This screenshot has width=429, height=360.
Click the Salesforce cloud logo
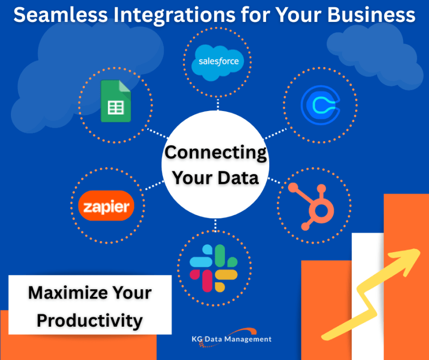tap(218, 63)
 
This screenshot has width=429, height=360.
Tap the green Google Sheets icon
tap(116, 101)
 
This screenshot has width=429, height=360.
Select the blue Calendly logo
tap(320, 105)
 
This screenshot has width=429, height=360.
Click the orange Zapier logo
tap(106, 206)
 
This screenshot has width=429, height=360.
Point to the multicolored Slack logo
tap(213, 268)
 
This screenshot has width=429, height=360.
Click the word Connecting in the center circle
tap(216, 153)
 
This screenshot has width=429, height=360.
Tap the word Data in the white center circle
tap(238, 178)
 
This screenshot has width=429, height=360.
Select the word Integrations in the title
tap(174, 15)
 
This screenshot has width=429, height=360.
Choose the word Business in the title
tap(371, 15)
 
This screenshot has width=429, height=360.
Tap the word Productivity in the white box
tap(90, 321)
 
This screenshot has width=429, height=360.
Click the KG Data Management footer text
tap(232, 339)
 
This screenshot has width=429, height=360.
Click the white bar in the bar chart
tap(368, 296)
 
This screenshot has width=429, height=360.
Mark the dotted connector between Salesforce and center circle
tap(218, 104)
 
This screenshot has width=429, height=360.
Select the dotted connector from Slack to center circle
tap(216, 225)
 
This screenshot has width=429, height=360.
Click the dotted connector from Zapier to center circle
tap(154, 185)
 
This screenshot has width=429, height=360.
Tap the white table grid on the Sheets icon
tap(116, 108)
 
